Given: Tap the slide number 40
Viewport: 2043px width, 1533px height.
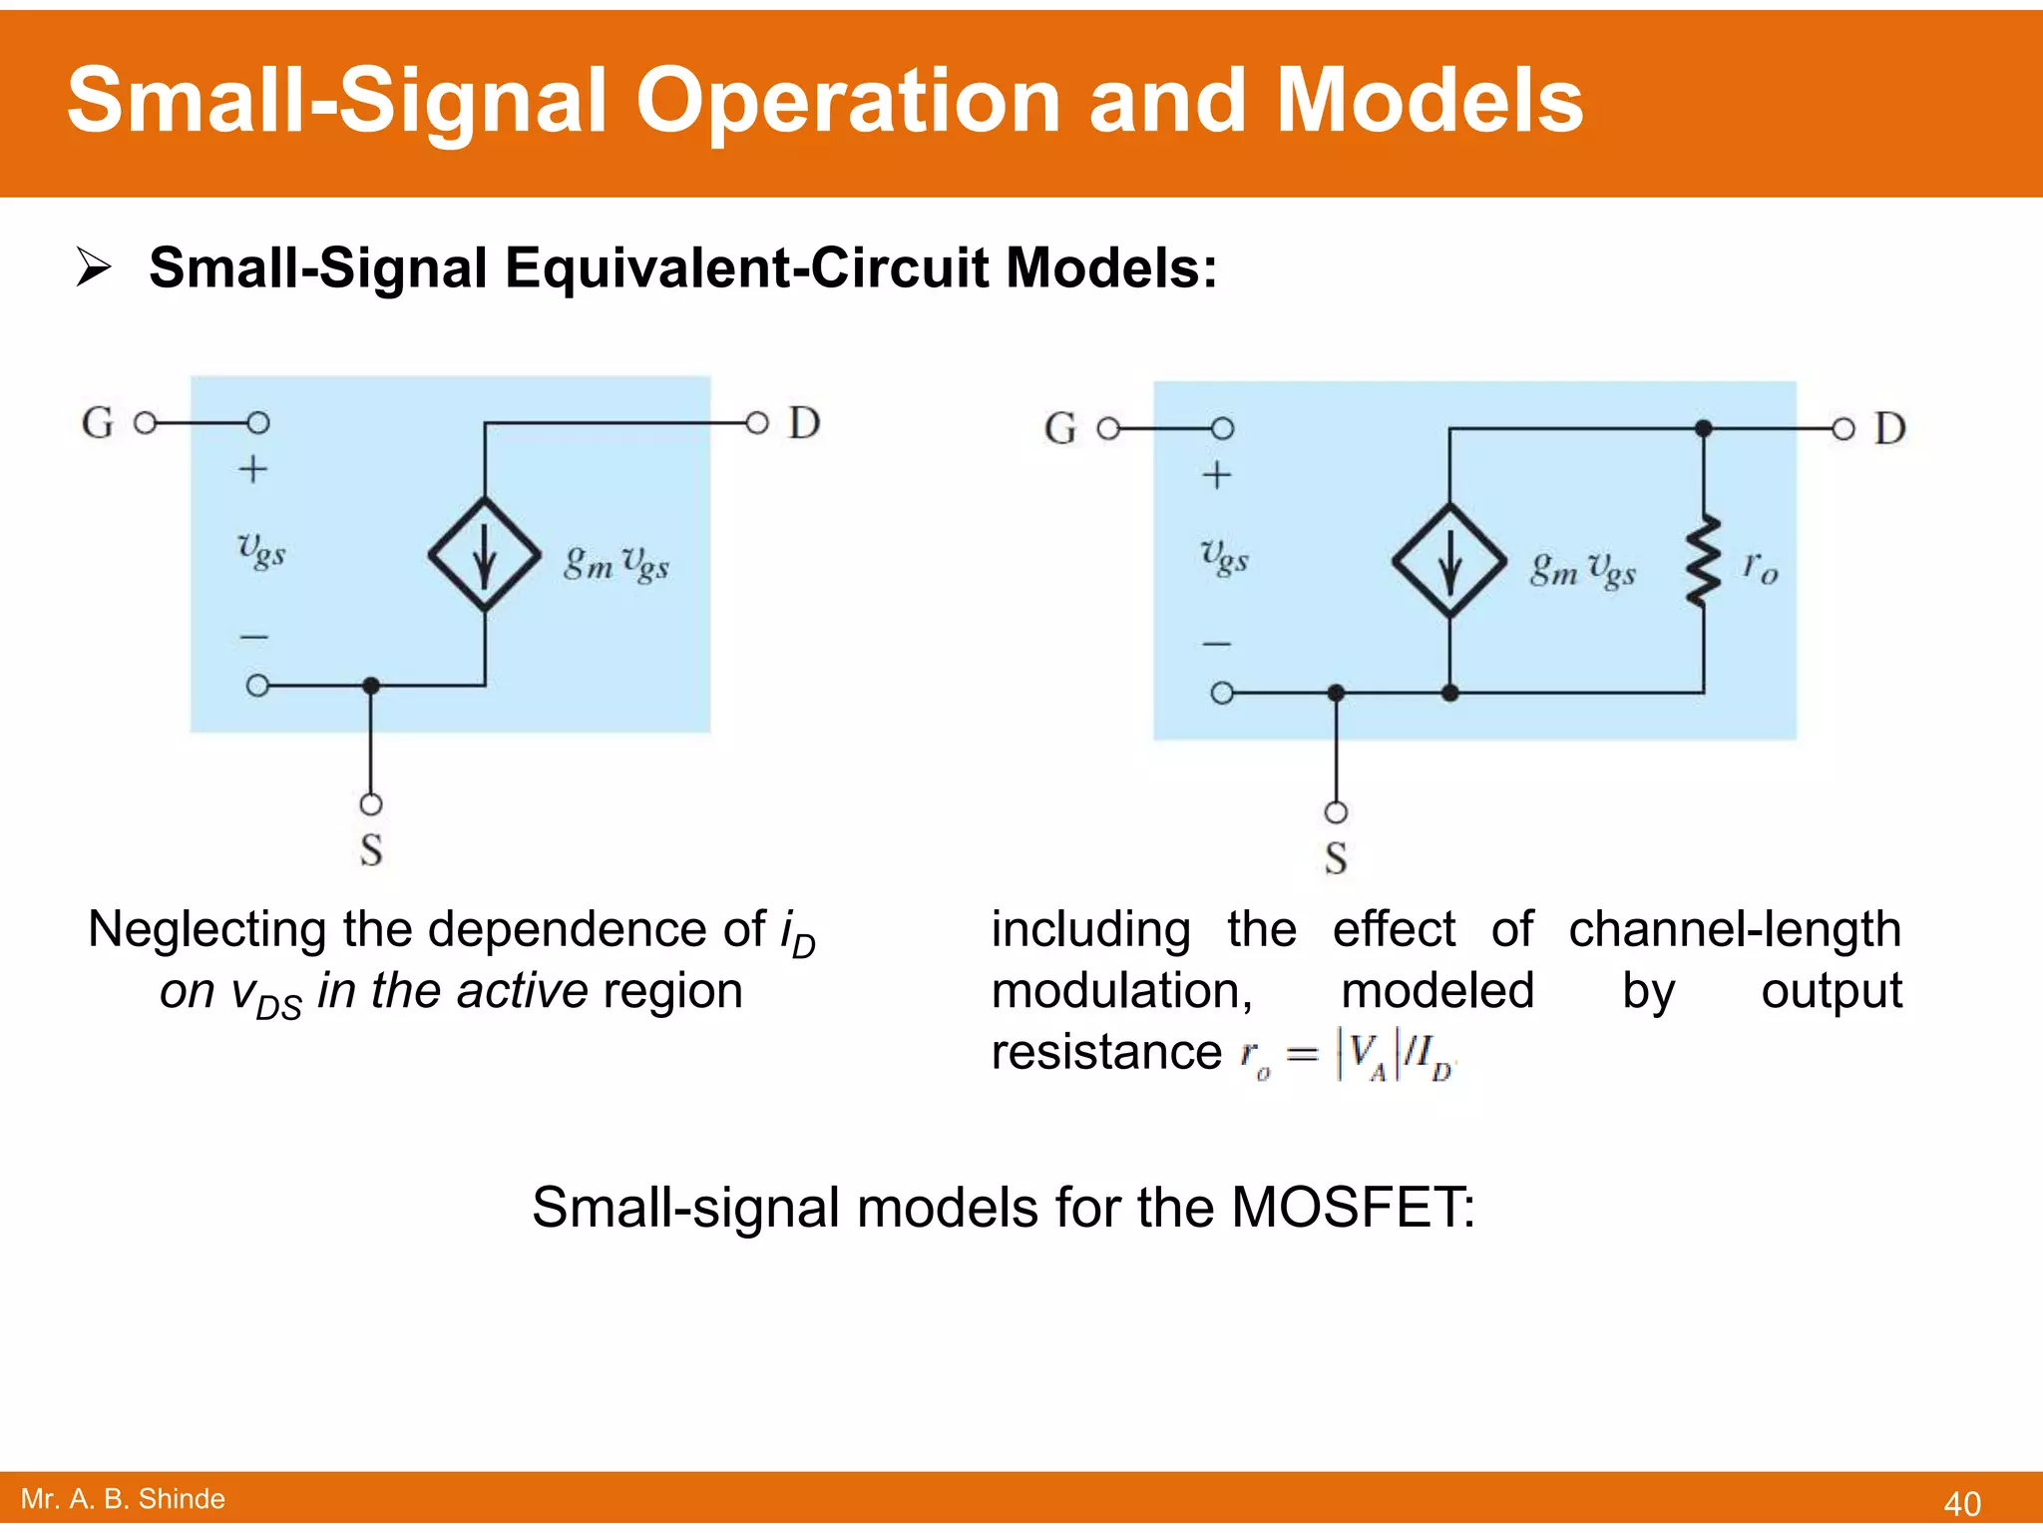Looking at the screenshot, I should [x=1961, y=1503].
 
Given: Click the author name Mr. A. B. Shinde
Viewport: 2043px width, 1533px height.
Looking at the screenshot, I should [x=123, y=1499].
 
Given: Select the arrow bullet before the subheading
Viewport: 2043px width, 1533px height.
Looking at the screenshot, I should [x=94, y=268].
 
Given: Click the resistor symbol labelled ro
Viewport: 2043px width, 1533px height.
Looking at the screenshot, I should [x=1703, y=561].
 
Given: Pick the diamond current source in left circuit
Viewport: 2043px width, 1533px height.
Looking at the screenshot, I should [x=485, y=555].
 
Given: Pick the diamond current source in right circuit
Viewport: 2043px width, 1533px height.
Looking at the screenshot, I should [x=1449, y=561].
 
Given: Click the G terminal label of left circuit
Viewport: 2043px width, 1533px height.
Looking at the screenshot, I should [x=98, y=423].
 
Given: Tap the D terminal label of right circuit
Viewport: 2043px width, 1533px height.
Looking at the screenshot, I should [x=1889, y=428].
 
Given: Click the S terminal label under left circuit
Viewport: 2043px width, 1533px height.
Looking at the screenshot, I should [x=371, y=850].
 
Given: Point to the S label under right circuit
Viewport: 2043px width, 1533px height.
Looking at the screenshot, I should [x=1336, y=858].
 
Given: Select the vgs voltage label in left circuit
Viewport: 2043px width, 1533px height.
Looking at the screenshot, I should [x=261, y=550].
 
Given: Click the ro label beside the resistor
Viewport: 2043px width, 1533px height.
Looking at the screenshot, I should [x=1761, y=568].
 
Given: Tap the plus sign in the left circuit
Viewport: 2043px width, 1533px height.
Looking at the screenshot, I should [x=253, y=469].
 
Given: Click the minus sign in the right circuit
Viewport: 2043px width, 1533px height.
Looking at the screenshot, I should [x=1217, y=644].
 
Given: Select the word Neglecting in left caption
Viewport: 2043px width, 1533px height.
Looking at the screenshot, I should [x=208, y=929].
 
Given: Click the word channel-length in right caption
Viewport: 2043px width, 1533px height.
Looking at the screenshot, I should [x=1734, y=929].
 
